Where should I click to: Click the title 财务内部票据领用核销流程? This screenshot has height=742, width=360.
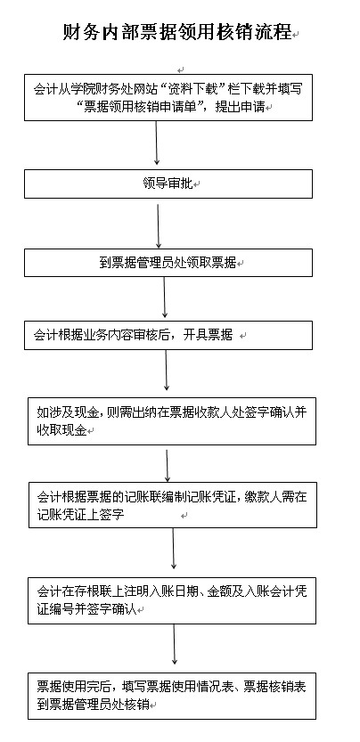[177, 32]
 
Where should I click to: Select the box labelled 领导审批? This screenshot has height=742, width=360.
[168, 183]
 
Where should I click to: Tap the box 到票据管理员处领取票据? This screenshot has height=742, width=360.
[168, 263]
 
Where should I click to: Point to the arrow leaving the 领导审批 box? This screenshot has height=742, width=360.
[159, 225]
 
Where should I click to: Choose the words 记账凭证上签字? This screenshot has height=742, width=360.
[80, 514]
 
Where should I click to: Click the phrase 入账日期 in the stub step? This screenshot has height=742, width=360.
[177, 591]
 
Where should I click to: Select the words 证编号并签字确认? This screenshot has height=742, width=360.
[86, 609]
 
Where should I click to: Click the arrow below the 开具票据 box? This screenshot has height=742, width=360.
[167, 370]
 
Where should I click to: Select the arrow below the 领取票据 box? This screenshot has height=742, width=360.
[164, 298]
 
